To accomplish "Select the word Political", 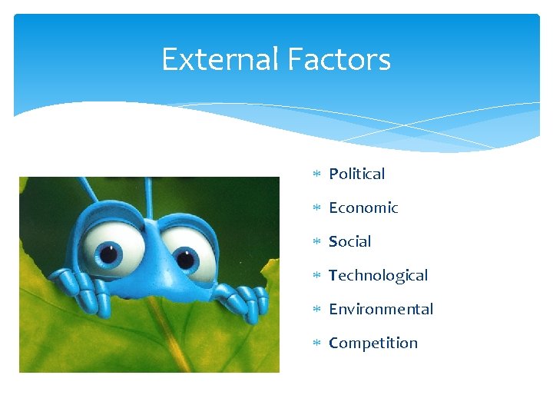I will (x=356, y=174).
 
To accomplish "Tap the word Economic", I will (x=363, y=208).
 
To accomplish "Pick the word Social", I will (x=349, y=242).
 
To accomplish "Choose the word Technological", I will (x=378, y=276).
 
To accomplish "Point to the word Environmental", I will (x=381, y=310).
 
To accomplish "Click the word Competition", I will (x=373, y=344).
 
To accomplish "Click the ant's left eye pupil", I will (x=111, y=251).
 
